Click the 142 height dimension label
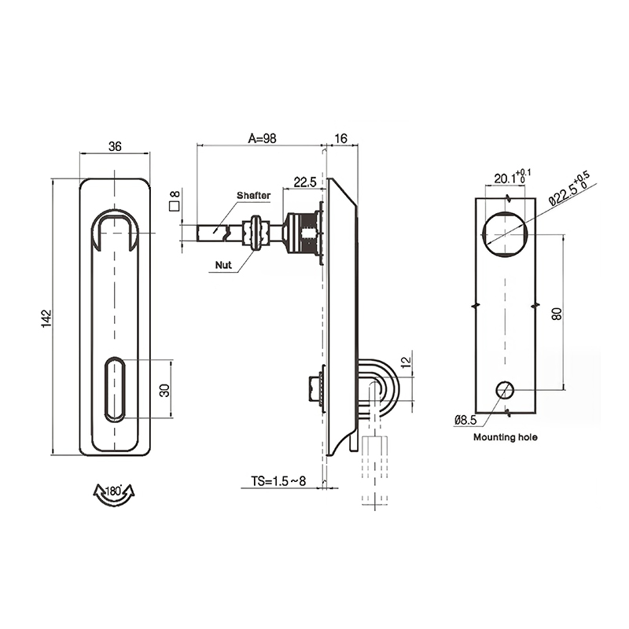point(46,318)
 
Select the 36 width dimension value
point(115,146)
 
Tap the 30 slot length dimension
point(164,390)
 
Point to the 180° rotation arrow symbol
point(114,495)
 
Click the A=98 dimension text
point(263,138)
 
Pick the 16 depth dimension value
point(340,138)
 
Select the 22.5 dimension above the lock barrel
point(305,182)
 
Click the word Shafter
point(253,195)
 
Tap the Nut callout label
point(223,265)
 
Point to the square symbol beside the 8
point(174,206)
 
